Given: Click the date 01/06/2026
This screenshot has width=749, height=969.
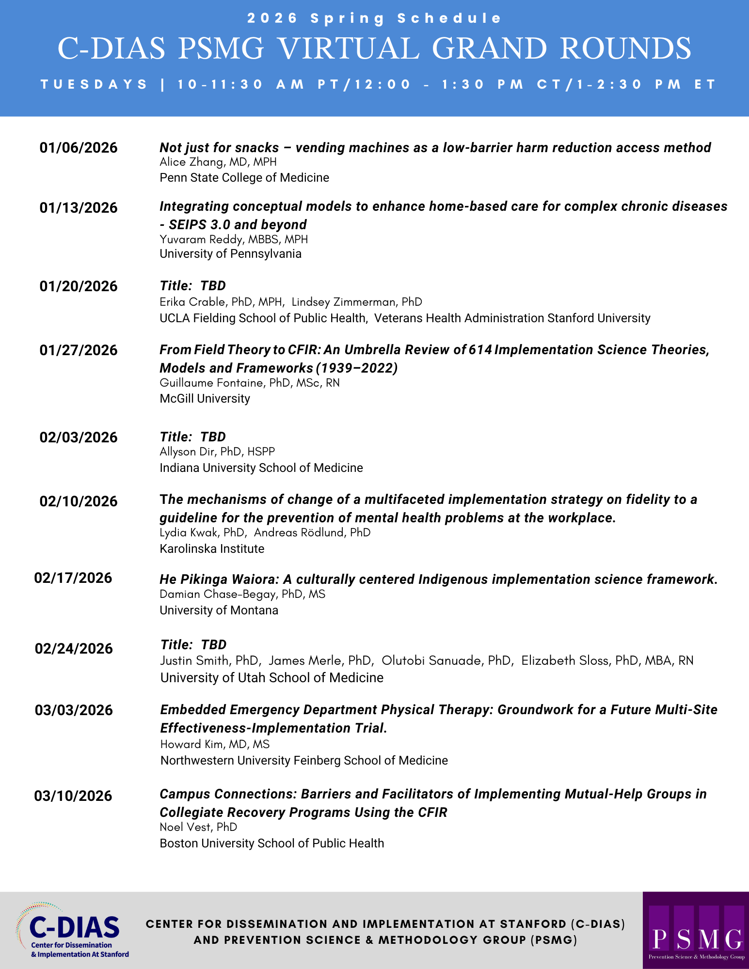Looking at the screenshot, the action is point(79,148).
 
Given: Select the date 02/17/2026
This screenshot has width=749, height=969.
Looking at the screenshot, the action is point(73,578).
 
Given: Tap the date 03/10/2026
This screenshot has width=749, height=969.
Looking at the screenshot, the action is point(73,796).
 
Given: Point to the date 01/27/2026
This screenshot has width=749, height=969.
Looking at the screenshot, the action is point(79,350).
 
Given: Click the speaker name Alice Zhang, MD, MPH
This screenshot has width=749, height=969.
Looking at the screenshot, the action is point(218,162).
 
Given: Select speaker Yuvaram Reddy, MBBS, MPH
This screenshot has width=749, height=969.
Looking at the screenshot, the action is point(234,239).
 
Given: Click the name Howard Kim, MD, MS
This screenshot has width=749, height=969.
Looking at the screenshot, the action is point(215,745).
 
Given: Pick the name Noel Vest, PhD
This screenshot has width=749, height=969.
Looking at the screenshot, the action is point(198,828).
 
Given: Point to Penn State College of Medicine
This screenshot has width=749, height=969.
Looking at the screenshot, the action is point(244,178).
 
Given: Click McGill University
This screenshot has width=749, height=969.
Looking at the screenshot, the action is point(205,399).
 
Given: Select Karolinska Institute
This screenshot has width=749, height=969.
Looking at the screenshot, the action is point(212,549).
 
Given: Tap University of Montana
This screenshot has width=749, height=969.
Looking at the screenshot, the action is point(219,610).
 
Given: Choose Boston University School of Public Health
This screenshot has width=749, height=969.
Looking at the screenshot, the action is point(271,844).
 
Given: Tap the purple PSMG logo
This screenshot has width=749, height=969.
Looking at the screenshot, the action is point(696,930).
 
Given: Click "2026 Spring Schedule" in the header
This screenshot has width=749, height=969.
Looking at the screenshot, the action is point(374,18).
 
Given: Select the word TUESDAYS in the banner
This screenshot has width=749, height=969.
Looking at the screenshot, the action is point(94,85).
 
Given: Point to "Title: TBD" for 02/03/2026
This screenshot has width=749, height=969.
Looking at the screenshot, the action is point(192,437).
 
